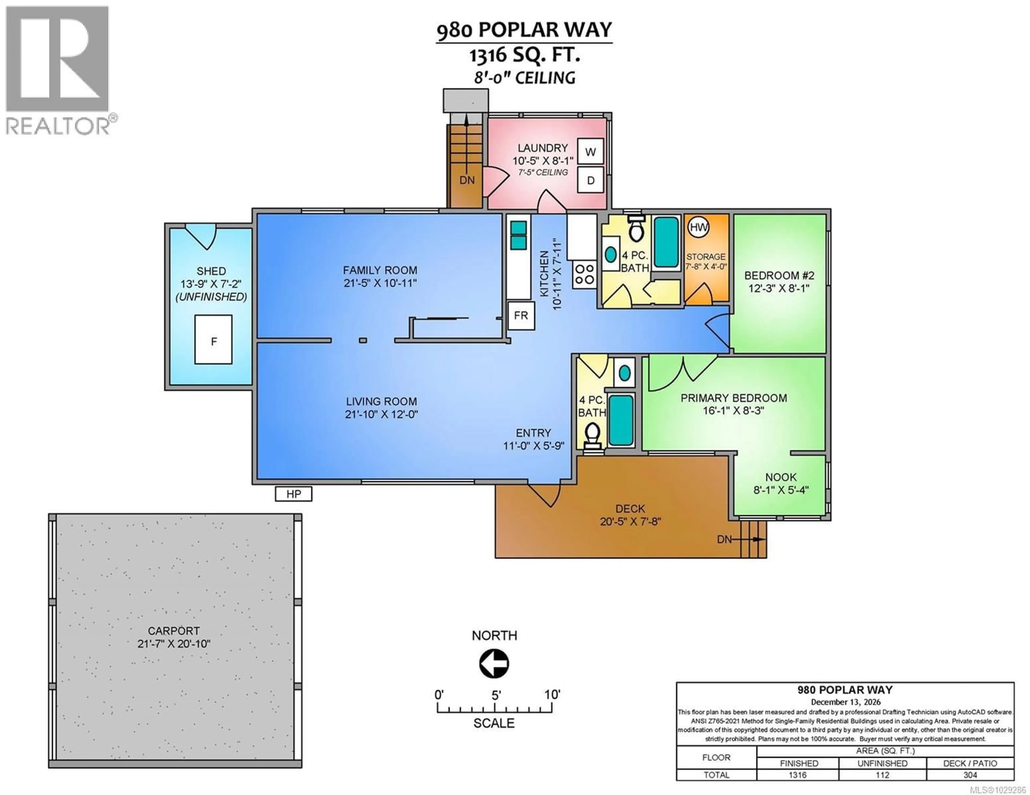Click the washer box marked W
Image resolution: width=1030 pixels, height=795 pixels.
point(590,152)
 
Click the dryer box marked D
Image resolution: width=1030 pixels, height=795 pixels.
point(590,180)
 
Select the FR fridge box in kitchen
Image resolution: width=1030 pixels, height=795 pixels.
point(521,315)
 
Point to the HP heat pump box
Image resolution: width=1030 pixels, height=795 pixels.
point(293,494)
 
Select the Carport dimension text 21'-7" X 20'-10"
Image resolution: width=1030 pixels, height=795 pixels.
point(174,644)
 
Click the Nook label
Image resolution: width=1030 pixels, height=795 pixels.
point(781,477)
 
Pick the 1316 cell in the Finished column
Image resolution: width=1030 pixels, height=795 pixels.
point(797,775)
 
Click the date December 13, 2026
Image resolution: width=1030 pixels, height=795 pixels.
point(845,702)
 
